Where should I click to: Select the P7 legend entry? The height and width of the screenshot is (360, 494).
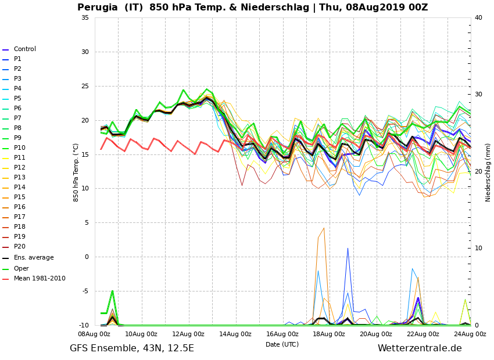[17, 118]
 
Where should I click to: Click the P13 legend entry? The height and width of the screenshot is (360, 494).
[19, 178]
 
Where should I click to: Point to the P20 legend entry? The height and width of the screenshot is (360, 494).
[19, 247]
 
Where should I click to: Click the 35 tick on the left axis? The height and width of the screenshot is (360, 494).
[85, 17]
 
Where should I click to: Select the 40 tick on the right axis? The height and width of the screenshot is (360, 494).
[478, 17]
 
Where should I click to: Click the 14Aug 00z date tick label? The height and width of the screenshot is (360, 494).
[235, 334]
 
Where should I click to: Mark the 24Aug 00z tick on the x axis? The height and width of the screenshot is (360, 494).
[470, 334]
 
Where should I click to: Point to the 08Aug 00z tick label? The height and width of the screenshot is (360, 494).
[95, 334]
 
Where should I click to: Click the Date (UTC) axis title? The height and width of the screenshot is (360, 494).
[282, 344]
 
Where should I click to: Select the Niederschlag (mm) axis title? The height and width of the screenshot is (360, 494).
[488, 172]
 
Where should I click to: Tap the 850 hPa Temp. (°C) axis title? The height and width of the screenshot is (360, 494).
[76, 172]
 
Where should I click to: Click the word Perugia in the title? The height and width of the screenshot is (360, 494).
[99, 8]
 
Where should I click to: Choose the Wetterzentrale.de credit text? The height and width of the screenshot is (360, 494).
[420, 348]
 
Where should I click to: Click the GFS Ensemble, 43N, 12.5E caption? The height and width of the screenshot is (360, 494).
[132, 348]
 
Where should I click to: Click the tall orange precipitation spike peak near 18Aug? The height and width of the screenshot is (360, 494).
[324, 228]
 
